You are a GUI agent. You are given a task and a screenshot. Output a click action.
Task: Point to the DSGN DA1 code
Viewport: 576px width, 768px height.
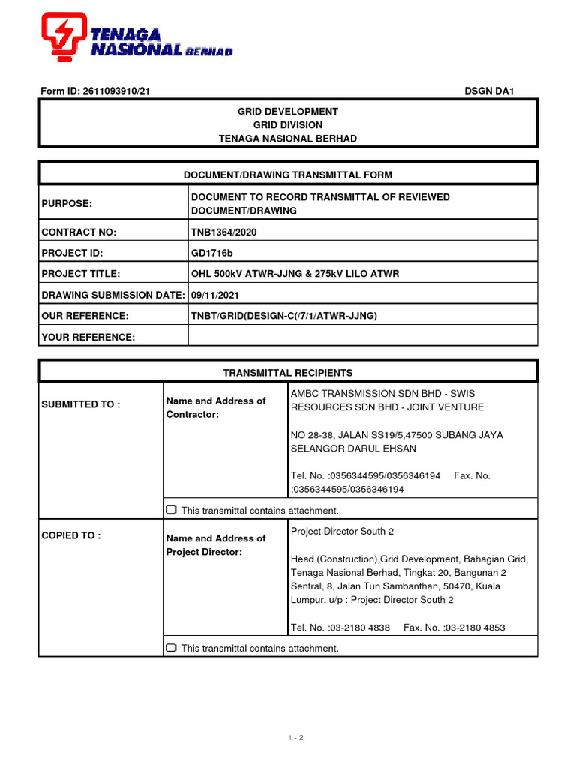[489, 91]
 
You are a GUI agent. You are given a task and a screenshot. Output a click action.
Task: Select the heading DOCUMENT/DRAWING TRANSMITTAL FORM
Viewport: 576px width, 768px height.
[288, 175]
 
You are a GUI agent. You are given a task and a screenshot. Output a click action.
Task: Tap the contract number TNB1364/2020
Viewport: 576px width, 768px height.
[224, 232]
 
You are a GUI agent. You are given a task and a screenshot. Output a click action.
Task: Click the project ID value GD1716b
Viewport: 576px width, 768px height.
[213, 253]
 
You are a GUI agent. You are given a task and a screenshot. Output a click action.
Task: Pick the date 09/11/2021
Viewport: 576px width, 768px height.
[215, 295]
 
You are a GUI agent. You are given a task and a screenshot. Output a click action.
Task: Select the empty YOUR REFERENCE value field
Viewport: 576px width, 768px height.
[363, 337]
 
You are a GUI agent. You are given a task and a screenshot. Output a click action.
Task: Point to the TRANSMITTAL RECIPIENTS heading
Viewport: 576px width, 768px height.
[288, 372]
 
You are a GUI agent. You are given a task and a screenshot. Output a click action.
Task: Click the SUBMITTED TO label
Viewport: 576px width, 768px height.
[81, 404]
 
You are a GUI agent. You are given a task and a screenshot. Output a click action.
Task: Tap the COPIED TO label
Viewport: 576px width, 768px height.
[71, 535]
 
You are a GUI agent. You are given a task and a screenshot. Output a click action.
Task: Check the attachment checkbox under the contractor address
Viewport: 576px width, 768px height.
[171, 511]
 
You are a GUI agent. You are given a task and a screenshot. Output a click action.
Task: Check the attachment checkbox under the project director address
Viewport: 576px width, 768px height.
[171, 648]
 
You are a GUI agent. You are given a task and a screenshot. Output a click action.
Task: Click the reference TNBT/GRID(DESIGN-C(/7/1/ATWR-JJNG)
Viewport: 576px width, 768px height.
[284, 316]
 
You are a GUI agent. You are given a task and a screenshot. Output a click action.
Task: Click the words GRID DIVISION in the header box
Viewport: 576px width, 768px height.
[288, 125]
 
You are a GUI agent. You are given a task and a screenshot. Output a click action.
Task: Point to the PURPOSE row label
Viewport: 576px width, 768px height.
[66, 204]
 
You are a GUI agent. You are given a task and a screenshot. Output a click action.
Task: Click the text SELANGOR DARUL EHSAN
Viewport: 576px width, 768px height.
[353, 448]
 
